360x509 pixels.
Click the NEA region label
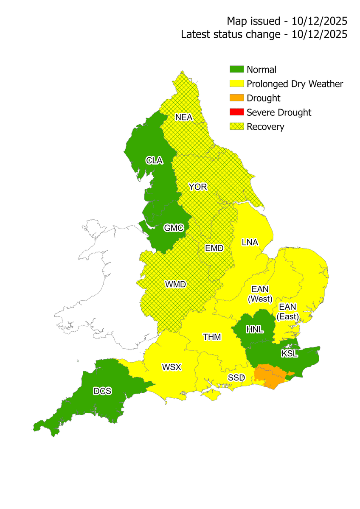[x=184, y=117]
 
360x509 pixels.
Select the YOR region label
[x=198, y=187]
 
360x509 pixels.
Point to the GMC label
[x=174, y=228]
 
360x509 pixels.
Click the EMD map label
[x=214, y=248]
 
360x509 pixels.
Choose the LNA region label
[x=250, y=242]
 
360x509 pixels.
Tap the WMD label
[x=176, y=284]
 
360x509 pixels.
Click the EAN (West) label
[x=260, y=294]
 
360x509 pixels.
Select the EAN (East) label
[x=287, y=311]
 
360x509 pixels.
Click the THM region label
[x=211, y=337]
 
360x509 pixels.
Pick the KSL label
[x=290, y=353]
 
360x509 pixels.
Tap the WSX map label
[x=172, y=367]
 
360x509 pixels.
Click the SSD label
[x=236, y=377]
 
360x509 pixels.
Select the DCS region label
[x=102, y=391]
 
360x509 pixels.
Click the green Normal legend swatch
[x=236, y=70]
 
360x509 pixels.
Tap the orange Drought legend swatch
[x=236, y=98]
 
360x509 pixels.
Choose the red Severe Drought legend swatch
[x=236, y=112]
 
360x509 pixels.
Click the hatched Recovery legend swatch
[x=236, y=126]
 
